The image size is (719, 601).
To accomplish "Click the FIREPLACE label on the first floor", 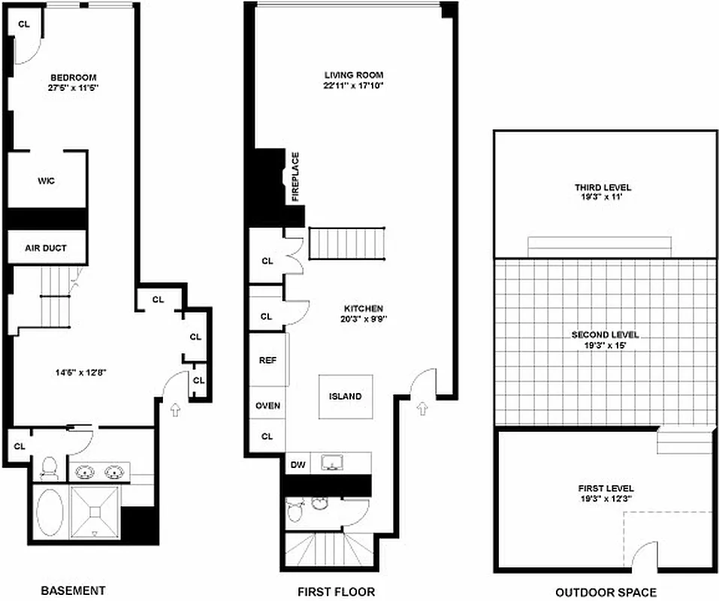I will click(295, 177).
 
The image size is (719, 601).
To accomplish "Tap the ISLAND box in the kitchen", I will click(345, 396).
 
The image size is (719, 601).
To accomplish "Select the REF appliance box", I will click(267, 360).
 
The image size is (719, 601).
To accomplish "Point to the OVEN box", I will click(267, 406).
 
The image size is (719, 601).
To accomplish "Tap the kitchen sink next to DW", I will click(331, 463).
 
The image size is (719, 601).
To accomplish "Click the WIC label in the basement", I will click(47, 181).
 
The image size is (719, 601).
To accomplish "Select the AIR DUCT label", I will click(47, 247).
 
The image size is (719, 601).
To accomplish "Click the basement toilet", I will click(49, 468).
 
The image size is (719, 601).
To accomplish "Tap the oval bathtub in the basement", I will click(50, 512).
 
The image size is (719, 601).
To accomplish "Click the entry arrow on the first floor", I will click(423, 408).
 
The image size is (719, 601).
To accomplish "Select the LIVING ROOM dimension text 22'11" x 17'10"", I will click(354, 86).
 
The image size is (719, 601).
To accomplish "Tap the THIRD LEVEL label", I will click(603, 188).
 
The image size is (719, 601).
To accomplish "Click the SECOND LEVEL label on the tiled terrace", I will click(605, 335).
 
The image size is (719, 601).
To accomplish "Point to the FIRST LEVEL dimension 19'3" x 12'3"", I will click(605, 497).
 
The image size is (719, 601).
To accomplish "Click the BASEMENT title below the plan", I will click(72, 590).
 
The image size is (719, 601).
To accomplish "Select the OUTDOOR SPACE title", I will click(606, 592).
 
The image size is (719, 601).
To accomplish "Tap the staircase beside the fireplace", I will click(347, 243).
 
